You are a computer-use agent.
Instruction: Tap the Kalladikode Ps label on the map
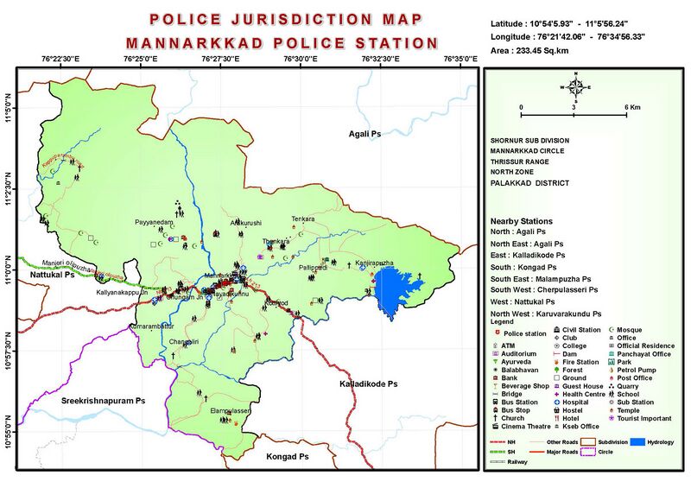pyautogui.click(x=367, y=383)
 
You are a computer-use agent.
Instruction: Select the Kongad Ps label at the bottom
pyautogui.click(x=287, y=455)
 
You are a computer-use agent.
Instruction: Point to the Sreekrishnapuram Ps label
pyautogui.click(x=102, y=402)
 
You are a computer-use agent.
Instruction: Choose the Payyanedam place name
pyautogui.click(x=155, y=223)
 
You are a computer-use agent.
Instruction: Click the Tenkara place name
pyautogui.click(x=303, y=219)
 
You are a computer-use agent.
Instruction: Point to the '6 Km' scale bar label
pyautogui.click(x=633, y=107)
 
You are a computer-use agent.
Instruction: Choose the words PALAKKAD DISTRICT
pyautogui.click(x=528, y=183)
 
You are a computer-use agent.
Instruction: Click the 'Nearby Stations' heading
pyautogui.click(x=521, y=221)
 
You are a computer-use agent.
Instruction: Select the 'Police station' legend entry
pyautogui.click(x=523, y=332)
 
